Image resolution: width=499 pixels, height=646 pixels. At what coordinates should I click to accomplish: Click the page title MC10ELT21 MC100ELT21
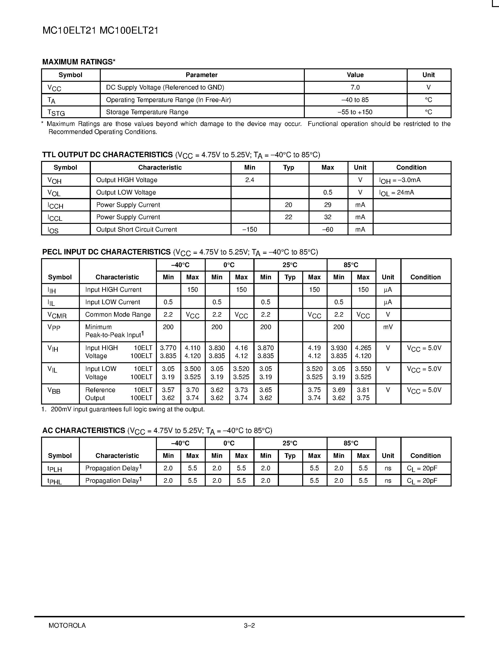[100, 31]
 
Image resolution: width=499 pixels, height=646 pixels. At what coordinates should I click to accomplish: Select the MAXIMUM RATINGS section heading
[79, 62]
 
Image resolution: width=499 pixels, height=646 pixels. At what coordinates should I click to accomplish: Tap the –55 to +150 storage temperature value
[355, 112]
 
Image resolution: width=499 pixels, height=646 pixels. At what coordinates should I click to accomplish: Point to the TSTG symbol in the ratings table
[56, 113]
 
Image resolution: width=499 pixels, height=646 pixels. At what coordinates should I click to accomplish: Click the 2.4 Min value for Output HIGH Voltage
[250, 180]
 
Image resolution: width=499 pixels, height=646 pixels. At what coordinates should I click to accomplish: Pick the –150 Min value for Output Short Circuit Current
[250, 230]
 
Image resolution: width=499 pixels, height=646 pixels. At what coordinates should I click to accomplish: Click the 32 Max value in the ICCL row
[328, 217]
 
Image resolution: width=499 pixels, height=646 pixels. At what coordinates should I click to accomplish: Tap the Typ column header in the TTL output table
[289, 167]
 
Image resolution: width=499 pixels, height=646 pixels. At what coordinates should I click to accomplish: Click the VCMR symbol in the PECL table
[57, 315]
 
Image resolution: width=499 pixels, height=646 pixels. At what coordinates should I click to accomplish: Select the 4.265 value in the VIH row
[363, 348]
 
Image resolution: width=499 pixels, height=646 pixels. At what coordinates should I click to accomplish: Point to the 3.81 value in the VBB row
[363, 390]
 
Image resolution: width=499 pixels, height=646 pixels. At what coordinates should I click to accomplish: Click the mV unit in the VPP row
[388, 327]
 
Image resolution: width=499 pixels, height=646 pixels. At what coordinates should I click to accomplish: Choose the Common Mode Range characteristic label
[118, 314]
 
